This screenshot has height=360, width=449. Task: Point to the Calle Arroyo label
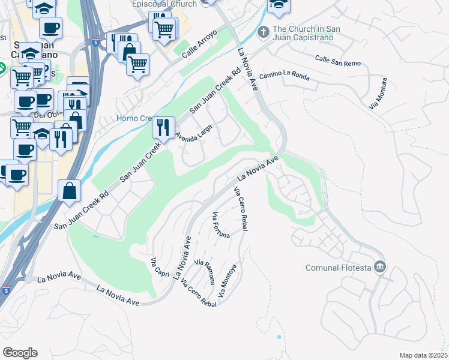[198, 50]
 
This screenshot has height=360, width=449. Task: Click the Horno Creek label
[135, 119]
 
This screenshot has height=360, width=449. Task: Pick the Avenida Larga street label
[194, 136]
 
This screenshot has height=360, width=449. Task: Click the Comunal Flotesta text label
[337, 267]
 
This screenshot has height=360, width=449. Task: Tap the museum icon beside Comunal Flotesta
[379, 266]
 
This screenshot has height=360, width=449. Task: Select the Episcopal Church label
[164, 4]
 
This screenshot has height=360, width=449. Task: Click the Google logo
[20, 352]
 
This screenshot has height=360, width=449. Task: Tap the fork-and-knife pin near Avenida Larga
[162, 127]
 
